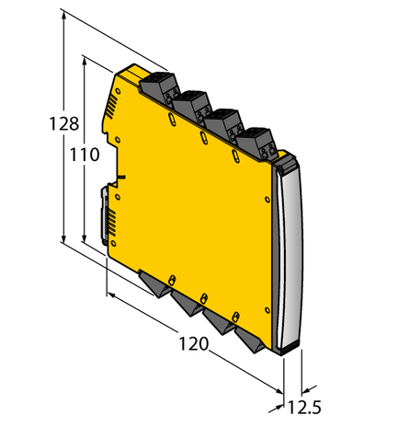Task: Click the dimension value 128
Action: pos(38,125)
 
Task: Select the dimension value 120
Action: pos(194,346)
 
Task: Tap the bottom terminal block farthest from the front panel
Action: pos(151,283)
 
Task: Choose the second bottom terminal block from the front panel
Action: pos(217,321)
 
